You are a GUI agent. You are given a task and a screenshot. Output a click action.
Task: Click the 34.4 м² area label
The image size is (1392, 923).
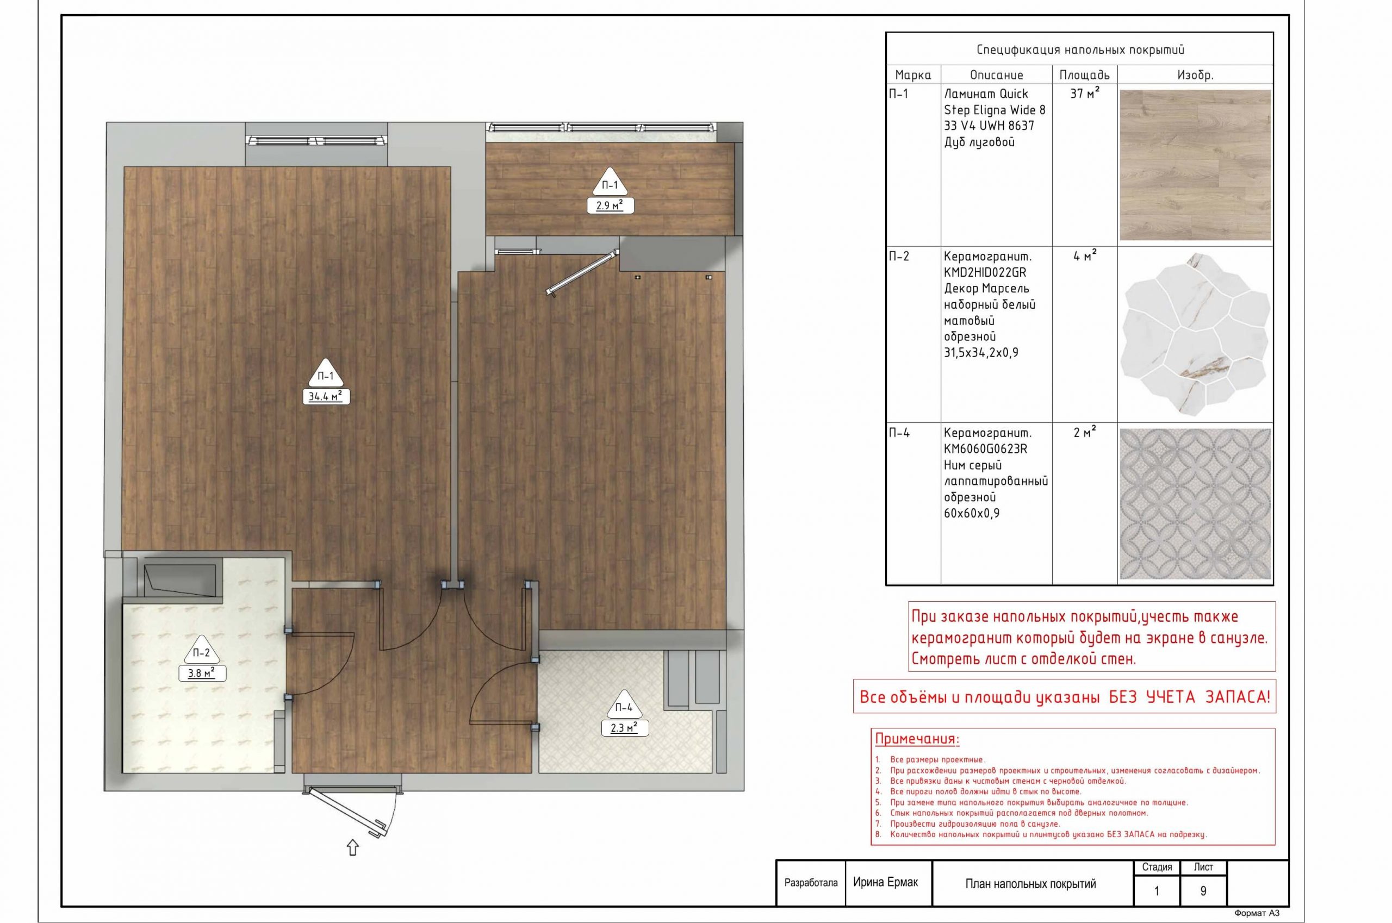tap(326, 397)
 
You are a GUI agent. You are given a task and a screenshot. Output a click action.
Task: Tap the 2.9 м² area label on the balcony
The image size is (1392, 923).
tap(611, 205)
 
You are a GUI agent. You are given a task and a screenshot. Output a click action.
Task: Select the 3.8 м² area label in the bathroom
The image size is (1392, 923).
tap(202, 673)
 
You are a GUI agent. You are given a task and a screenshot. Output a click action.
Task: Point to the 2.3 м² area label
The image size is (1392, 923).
tap(625, 728)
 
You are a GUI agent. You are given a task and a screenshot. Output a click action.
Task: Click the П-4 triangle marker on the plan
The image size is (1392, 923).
tap(624, 705)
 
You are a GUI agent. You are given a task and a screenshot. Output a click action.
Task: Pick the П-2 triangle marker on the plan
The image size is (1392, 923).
tap(201, 651)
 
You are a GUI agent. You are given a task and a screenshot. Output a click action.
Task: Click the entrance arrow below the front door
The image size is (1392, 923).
tap(353, 847)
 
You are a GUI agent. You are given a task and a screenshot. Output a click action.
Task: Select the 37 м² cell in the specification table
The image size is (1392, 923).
tap(1085, 93)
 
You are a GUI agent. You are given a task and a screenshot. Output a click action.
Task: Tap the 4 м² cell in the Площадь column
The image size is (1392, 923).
tap(1085, 256)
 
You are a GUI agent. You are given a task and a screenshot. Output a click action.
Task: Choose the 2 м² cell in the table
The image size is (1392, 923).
tap(1085, 433)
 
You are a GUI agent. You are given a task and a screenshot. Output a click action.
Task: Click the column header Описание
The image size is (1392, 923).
tap(996, 75)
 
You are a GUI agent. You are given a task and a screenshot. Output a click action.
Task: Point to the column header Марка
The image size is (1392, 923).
tap(913, 75)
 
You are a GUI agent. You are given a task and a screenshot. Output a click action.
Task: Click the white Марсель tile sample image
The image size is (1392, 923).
tap(1195, 334)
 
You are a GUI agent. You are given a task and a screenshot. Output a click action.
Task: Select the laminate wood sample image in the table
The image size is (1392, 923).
tap(1195, 165)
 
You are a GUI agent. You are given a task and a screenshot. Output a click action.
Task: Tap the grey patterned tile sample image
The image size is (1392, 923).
tap(1195, 504)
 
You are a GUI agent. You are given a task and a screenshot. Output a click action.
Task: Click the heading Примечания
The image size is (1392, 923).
tap(917, 739)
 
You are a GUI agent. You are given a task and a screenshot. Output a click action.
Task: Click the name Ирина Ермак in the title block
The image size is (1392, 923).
tap(885, 882)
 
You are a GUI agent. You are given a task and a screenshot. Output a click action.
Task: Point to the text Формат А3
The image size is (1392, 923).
tap(1257, 913)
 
